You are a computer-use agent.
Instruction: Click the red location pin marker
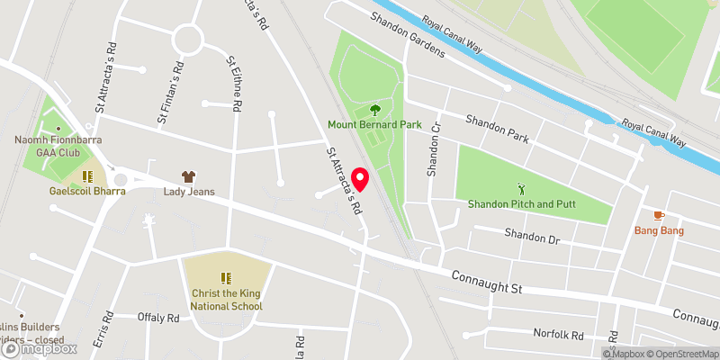[361, 180]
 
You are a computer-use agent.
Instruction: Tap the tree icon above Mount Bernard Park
[373, 110]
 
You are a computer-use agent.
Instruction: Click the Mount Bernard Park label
[373, 125]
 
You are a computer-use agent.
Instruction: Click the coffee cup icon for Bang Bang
[659, 216]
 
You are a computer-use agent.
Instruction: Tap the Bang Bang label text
[659, 231]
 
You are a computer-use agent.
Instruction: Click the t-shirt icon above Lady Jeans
[188, 176]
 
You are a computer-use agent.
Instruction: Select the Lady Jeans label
[188, 192]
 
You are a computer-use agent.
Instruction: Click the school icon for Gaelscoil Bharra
[88, 176]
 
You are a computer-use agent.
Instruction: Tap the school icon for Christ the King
[226, 279]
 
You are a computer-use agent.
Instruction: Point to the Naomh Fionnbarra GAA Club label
[50, 147]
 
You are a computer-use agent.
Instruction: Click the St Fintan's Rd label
[170, 90]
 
